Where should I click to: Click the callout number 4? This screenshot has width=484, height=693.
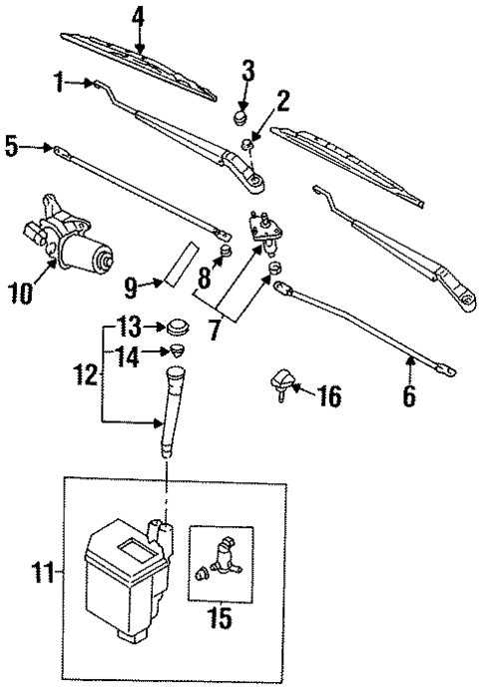pyautogui.click(x=139, y=17)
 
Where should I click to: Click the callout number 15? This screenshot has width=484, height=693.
pyautogui.click(x=220, y=618)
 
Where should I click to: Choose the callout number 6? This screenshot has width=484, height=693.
pyautogui.click(x=408, y=395)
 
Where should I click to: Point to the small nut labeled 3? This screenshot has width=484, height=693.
pyautogui.click(x=241, y=118)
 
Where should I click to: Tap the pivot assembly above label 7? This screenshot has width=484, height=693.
pyautogui.click(x=266, y=229)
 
